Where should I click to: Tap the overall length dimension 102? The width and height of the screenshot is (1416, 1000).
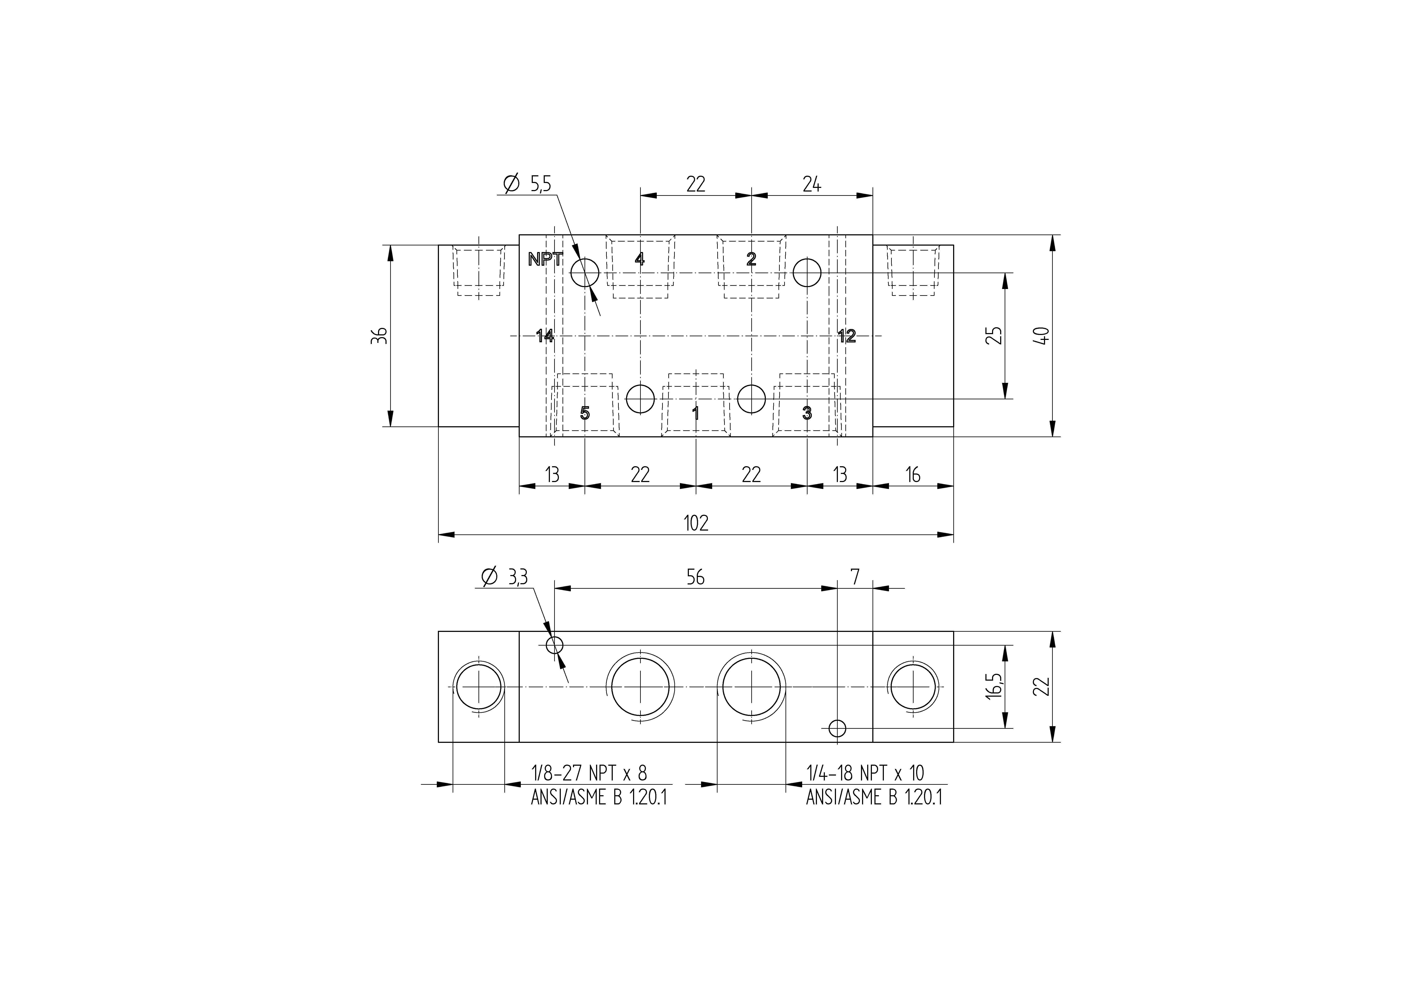pos(696,523)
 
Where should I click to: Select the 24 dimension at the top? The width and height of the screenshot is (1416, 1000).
pos(812,184)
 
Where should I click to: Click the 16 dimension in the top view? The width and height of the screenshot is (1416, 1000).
pos(913,474)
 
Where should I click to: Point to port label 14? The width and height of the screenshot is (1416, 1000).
pos(545,336)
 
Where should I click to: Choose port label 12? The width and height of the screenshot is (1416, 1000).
pos(847,336)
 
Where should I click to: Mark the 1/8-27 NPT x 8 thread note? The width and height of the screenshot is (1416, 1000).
pos(589,773)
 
